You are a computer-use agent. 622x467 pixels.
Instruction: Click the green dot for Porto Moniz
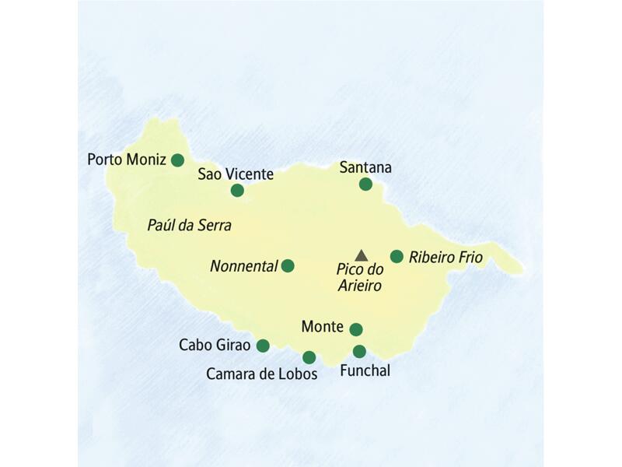point(177,160)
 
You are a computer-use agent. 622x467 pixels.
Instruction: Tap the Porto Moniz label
point(127,160)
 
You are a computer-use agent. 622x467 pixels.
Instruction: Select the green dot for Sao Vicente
point(237,190)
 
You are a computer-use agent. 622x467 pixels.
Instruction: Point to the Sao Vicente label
point(236,174)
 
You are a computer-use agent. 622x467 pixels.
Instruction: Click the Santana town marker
point(365,184)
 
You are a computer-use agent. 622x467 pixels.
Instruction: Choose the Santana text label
point(366,167)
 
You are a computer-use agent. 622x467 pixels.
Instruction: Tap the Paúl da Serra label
point(189,225)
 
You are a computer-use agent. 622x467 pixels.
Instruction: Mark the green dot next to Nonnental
point(288,266)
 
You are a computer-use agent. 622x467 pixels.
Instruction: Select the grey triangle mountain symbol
point(361,255)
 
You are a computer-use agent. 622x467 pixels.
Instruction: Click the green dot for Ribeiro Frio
point(397,256)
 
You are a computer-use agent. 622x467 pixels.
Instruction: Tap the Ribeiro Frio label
point(446,257)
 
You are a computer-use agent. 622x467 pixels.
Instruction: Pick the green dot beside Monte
point(356,329)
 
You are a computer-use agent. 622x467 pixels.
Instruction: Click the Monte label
point(322,328)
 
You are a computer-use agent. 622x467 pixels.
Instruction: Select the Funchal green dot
point(359,352)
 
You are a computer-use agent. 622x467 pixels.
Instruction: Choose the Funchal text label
point(365,371)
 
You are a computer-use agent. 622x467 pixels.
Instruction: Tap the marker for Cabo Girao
point(263,346)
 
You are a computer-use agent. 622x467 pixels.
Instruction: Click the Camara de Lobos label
point(262,374)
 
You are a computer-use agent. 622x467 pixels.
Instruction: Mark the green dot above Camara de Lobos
point(309,358)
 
